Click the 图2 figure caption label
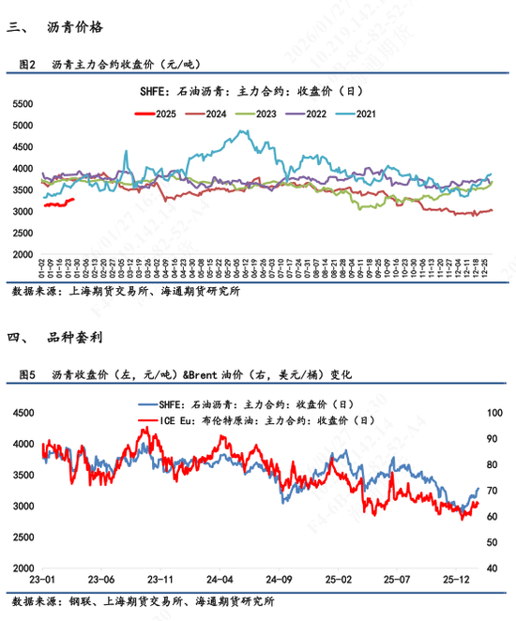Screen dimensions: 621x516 (27, 65)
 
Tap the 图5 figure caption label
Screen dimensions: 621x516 (27, 374)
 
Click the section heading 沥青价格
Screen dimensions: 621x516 (68, 28)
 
